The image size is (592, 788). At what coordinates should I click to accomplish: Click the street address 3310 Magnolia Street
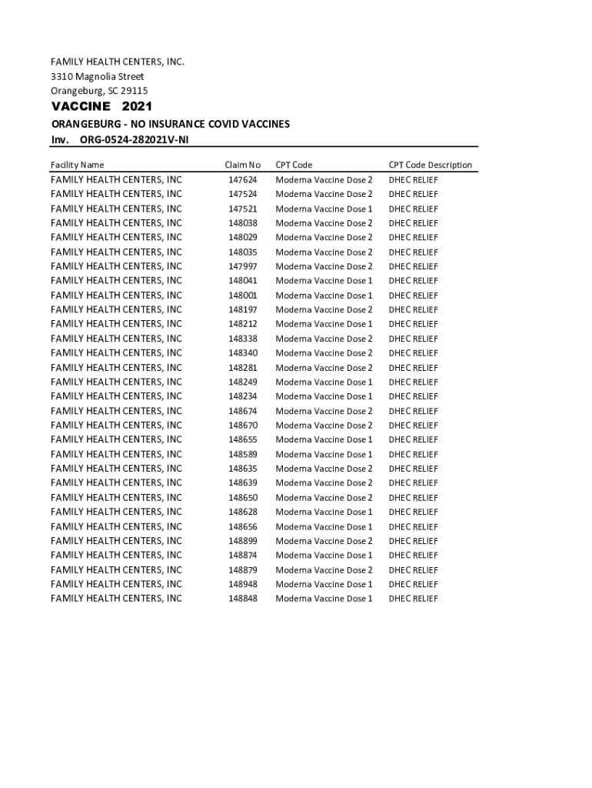point(97,76)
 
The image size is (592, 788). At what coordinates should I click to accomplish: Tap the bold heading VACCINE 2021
point(101,106)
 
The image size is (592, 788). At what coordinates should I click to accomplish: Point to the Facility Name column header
point(77,165)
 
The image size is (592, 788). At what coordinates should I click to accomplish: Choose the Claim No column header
point(242,165)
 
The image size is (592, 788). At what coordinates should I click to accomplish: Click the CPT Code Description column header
point(430,165)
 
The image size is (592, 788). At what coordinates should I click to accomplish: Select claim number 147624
point(242,179)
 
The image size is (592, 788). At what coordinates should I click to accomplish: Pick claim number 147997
point(242,266)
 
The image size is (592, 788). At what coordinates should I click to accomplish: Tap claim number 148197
point(242,309)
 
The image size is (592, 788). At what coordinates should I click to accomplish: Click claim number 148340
point(242,353)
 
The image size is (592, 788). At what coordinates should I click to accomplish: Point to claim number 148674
point(242,411)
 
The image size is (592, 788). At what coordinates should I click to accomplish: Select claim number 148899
point(242,541)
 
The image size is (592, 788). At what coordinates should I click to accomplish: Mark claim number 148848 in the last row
point(242,599)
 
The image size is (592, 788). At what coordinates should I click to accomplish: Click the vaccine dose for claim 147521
point(324,209)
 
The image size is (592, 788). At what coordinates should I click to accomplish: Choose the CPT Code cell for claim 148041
point(324,281)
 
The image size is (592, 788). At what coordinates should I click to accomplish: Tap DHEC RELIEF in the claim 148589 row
point(413,454)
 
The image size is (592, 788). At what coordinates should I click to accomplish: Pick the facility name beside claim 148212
point(116,324)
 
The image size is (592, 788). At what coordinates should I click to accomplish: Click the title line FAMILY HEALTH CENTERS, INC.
point(118,62)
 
